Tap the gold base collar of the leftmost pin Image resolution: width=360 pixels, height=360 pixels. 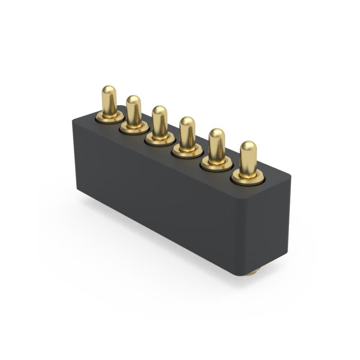click(x=109, y=118)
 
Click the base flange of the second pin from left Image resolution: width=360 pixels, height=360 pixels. click(x=134, y=129)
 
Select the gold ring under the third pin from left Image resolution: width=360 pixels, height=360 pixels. click(x=160, y=139)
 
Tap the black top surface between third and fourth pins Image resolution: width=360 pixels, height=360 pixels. click(x=174, y=147)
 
